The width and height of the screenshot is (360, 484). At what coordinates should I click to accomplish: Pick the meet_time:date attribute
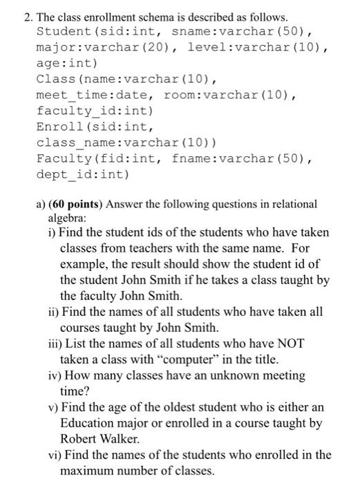tap(88, 95)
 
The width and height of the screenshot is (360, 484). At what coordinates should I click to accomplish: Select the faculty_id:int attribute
tap(94, 111)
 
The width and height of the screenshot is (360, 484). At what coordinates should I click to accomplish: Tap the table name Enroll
tap(60, 127)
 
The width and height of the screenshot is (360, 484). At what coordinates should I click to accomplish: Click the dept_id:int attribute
tap(82, 174)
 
